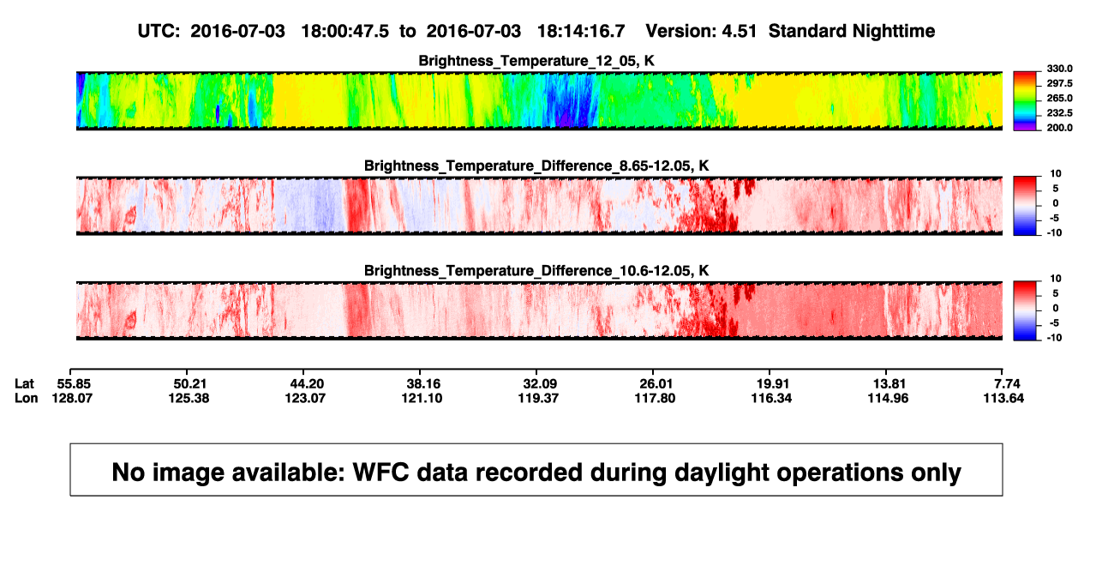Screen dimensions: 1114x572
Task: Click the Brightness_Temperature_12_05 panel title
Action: [536, 61]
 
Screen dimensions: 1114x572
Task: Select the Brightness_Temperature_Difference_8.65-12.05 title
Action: [536, 166]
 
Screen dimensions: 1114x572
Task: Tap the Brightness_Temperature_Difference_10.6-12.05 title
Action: [536, 271]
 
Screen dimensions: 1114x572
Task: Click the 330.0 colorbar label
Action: [1059, 69]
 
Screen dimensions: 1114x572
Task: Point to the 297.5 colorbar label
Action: [1059, 84]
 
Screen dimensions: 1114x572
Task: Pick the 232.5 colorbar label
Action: [1059, 113]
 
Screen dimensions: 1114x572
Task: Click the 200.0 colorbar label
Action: [1059, 128]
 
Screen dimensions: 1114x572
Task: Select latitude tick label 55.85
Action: [74, 384]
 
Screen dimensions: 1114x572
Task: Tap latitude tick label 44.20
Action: [307, 384]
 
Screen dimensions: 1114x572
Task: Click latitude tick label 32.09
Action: [540, 384]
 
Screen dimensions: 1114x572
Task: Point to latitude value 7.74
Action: [1007, 384]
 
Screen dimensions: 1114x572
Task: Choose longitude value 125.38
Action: [189, 398]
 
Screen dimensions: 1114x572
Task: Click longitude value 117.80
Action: [655, 398]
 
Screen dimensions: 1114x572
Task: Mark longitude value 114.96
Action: [888, 398]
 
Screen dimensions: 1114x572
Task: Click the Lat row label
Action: [24, 384]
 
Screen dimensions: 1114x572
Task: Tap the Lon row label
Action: [27, 398]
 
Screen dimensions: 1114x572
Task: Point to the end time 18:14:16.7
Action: [581, 32]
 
